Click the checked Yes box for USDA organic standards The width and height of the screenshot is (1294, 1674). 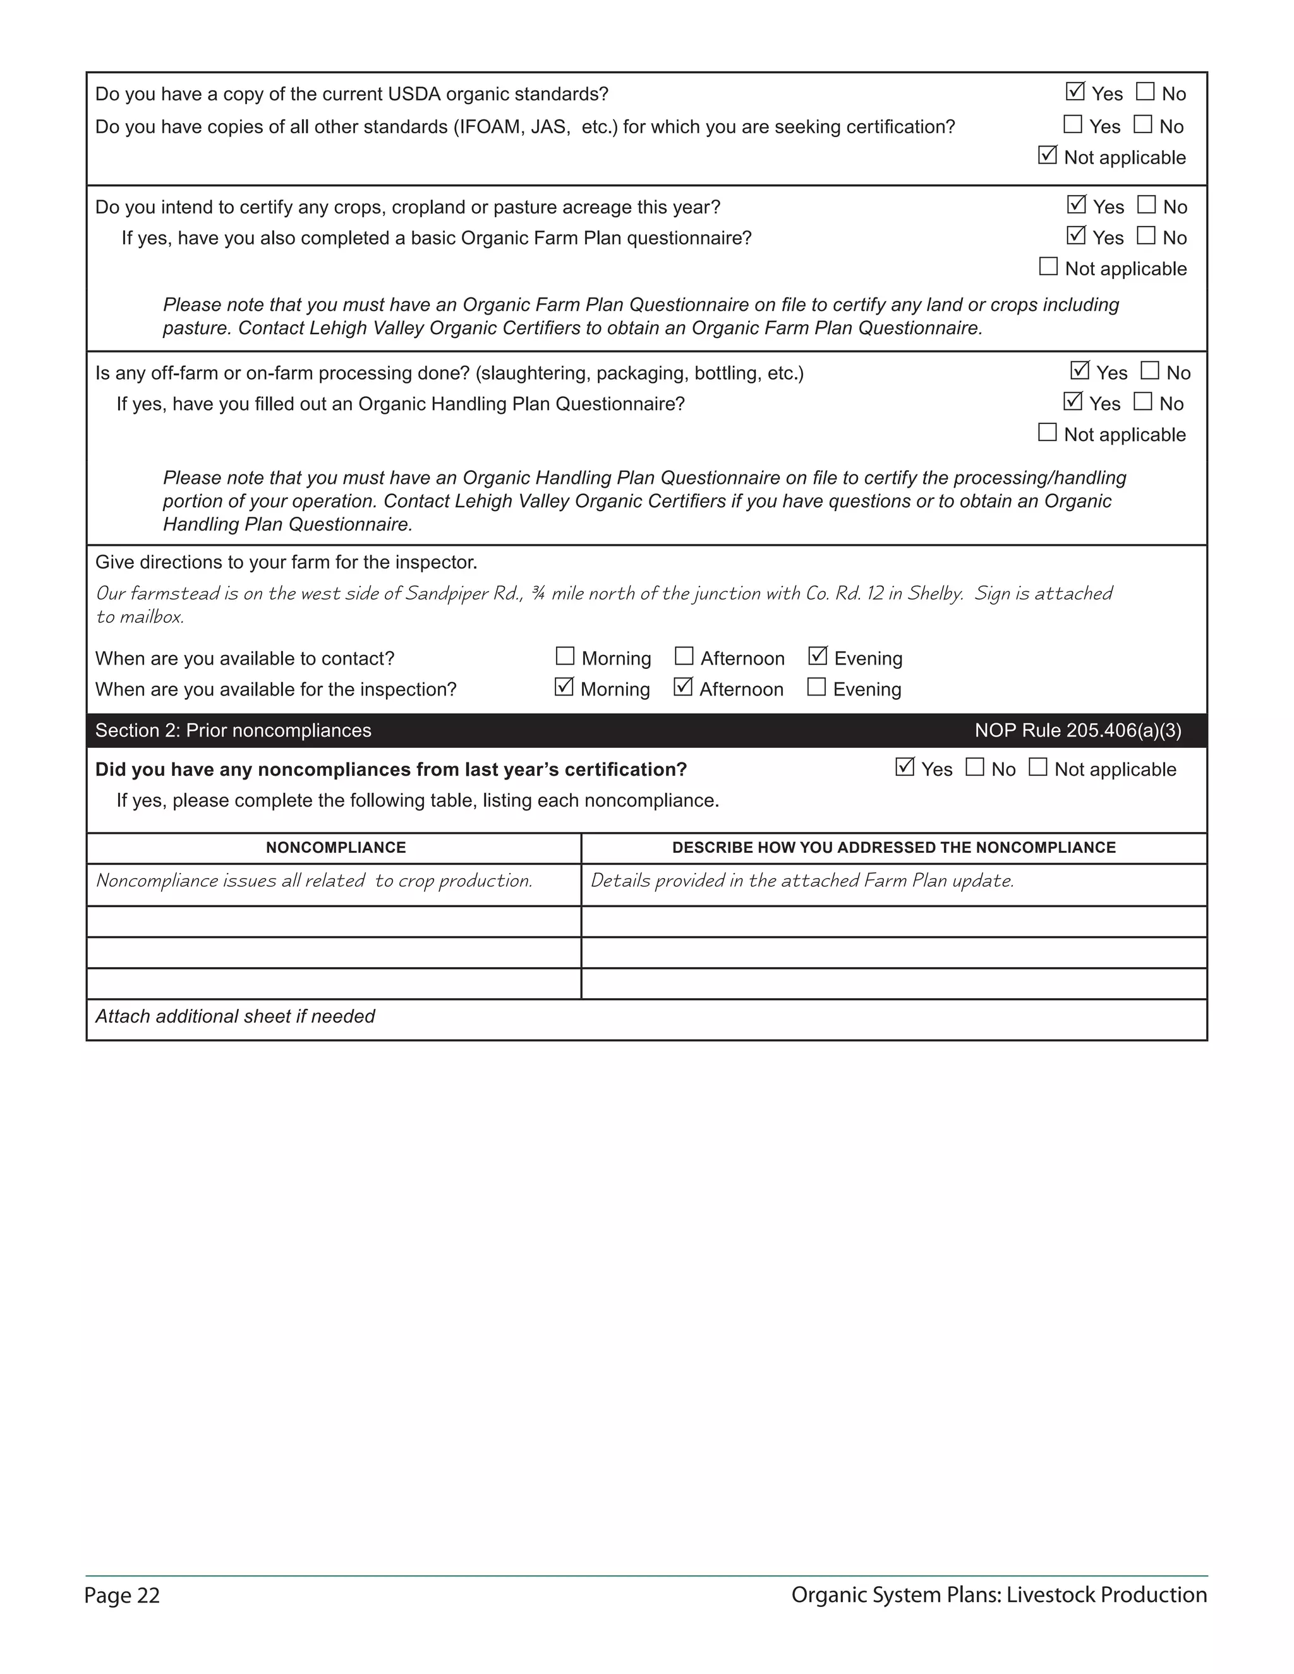point(1075,92)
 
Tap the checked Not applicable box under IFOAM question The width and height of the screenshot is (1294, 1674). point(1047,155)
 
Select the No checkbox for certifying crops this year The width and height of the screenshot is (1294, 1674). point(1147,205)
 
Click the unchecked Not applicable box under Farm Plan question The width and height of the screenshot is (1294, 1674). point(1048,267)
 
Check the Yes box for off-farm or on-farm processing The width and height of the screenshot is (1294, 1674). point(1079,371)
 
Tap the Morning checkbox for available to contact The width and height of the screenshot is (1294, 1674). point(565,656)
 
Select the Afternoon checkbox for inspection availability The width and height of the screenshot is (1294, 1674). point(683,687)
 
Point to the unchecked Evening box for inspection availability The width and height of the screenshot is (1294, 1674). point(816,687)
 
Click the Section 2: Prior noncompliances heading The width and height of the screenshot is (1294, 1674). point(233,730)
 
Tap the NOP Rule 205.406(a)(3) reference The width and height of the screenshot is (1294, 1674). point(1078,730)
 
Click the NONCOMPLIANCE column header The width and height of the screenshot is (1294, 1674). point(336,848)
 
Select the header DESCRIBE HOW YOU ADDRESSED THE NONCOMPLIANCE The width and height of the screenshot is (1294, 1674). point(894,848)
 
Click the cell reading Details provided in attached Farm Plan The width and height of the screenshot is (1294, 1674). point(802,881)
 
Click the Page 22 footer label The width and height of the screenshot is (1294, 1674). point(122,1596)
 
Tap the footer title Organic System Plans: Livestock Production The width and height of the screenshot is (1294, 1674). point(999,1595)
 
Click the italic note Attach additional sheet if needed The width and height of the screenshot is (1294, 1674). point(234,1016)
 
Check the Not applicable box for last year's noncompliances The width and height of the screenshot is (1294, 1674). point(1038,768)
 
